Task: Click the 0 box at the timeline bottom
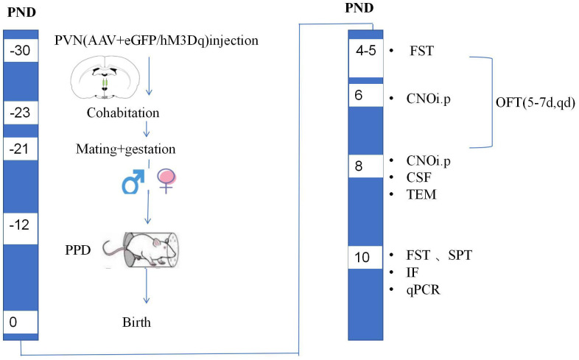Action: point(15,322)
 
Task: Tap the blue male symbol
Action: point(133,181)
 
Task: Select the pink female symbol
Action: point(169,180)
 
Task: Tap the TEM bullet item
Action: point(420,194)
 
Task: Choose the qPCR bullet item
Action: point(422,290)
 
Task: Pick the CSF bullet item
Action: point(418,177)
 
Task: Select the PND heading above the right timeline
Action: point(359,9)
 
